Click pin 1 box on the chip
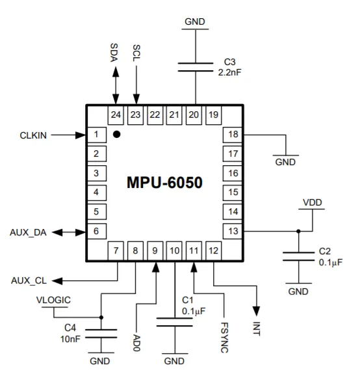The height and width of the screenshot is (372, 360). click(97, 135)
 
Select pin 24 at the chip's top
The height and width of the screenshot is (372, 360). click(116, 115)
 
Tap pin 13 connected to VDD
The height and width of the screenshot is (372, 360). click(233, 231)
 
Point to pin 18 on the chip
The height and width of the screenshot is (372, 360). click(233, 135)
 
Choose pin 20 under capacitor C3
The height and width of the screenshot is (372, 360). click(194, 115)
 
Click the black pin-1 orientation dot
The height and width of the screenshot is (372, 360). click(116, 134)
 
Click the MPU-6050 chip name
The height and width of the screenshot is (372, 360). click(164, 183)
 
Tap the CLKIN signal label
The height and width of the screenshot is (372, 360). click(33, 135)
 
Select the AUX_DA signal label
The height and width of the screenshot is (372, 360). click(28, 233)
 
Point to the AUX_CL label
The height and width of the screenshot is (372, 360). click(29, 281)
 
